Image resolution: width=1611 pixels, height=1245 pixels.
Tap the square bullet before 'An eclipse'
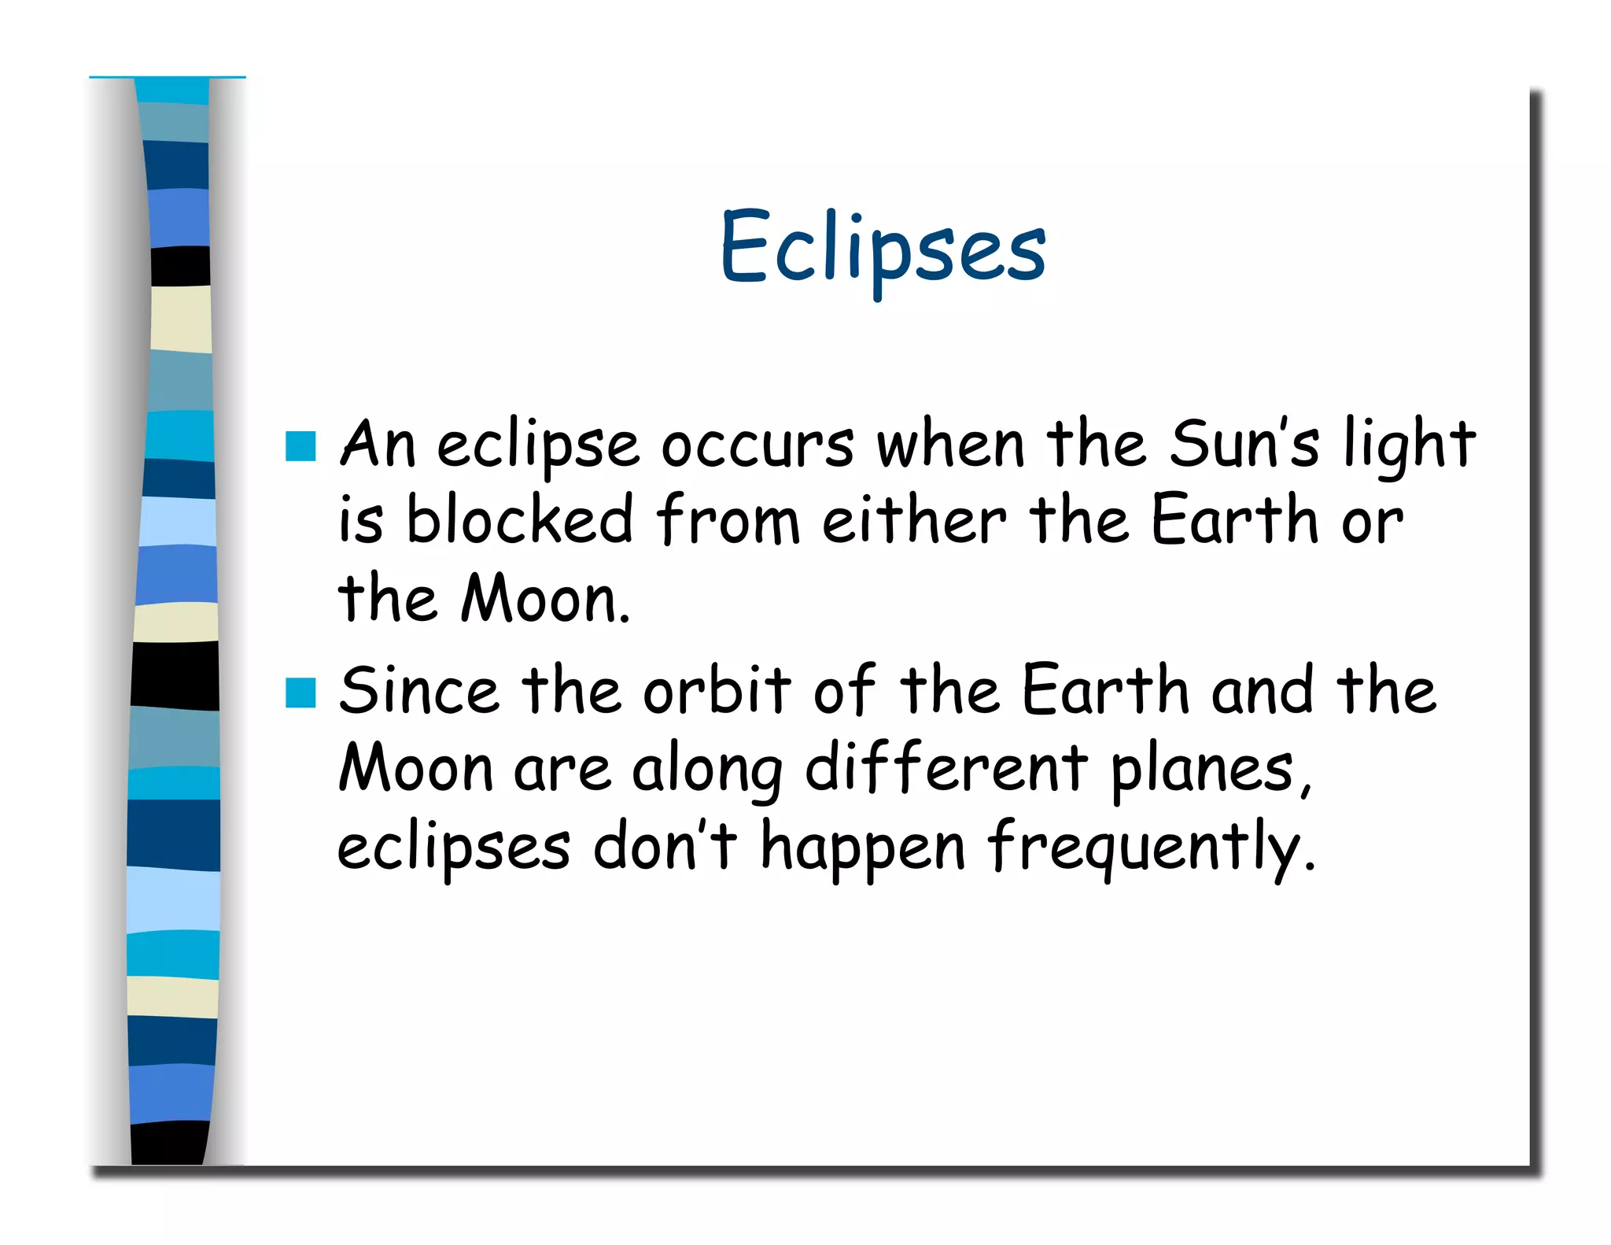(300, 445)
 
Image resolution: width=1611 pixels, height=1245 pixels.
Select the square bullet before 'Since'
(300, 693)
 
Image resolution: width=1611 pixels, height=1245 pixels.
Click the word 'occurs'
(757, 446)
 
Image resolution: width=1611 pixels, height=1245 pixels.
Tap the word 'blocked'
(519, 519)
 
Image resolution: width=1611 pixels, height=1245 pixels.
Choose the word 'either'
(914, 519)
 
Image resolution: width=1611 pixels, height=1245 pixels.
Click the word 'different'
(946, 770)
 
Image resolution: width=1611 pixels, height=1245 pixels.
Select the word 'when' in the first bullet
(950, 445)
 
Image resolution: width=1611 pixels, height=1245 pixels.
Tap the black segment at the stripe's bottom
(170, 1143)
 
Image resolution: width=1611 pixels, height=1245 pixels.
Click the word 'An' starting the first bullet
(377, 445)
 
